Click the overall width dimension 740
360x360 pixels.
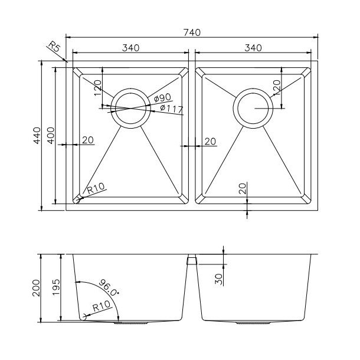tap(192, 32)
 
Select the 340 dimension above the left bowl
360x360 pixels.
tap(130, 48)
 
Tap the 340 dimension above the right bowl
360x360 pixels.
tap(253, 48)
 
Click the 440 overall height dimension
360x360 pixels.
tap(37, 136)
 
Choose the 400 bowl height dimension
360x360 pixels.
tap(51, 136)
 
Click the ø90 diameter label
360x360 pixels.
tap(162, 98)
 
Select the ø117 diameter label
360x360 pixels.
tap(172, 109)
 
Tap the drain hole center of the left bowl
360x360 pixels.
tap(130, 108)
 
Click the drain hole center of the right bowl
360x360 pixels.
tap(253, 108)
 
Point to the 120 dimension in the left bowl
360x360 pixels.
tap(97, 88)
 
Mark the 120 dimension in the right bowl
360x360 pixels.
tap(277, 87)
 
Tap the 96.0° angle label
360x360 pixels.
tap(109, 287)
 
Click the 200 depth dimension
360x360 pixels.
tap(36, 288)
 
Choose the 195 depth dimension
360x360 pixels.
tap(56, 287)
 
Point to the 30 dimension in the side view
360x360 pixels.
tap(219, 279)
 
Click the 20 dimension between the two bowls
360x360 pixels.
tap(210, 142)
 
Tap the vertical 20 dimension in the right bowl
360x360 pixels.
tap(243, 188)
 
